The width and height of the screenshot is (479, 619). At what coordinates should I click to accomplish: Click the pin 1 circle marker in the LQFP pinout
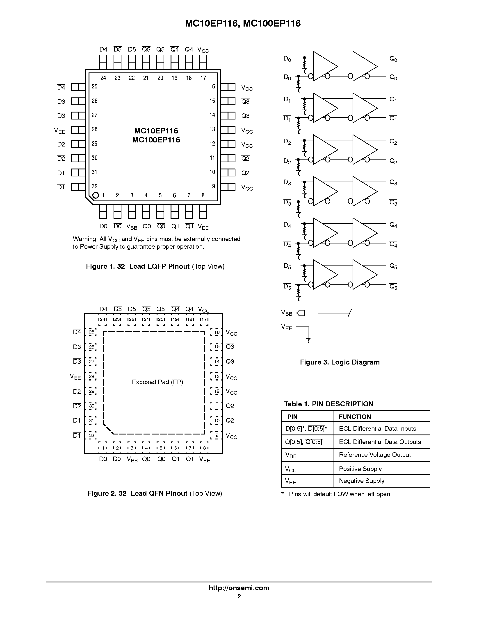(96, 195)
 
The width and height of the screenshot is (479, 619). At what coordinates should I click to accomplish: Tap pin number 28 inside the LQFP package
(94, 129)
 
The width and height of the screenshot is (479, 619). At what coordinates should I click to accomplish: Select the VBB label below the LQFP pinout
(132, 227)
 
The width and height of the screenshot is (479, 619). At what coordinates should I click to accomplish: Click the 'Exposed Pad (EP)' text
(157, 382)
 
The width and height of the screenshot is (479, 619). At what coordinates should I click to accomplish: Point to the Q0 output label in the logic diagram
(393, 59)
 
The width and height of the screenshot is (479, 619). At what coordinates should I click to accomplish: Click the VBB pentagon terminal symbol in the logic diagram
(301, 313)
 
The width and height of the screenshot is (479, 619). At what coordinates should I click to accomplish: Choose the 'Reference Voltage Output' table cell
(375, 455)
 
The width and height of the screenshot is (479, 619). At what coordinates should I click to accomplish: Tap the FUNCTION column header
(355, 417)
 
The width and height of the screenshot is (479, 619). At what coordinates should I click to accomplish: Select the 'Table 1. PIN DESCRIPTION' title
(328, 404)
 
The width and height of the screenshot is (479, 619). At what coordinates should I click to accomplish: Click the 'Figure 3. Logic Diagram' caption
(340, 362)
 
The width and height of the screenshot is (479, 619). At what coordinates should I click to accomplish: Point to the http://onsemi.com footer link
(239, 588)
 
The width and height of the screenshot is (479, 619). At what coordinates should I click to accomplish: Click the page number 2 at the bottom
(239, 596)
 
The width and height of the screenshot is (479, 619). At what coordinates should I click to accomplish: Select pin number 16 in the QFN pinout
(217, 333)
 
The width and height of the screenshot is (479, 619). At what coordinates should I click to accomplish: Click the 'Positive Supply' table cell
(360, 469)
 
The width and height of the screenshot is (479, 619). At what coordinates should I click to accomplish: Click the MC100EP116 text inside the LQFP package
(156, 140)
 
